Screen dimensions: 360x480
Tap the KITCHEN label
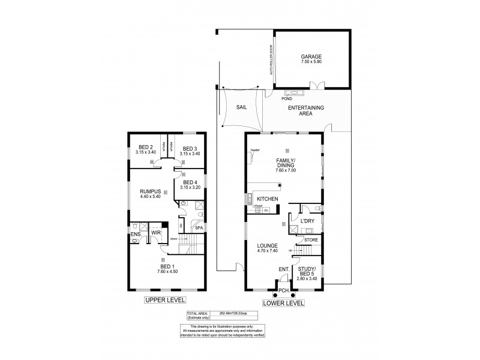[267, 199]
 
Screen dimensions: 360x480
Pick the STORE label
[311, 240]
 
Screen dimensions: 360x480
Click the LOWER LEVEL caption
[283, 303]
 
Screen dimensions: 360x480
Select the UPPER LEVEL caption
[163, 299]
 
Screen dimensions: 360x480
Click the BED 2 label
[146, 148]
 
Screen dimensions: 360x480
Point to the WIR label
[155, 232]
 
